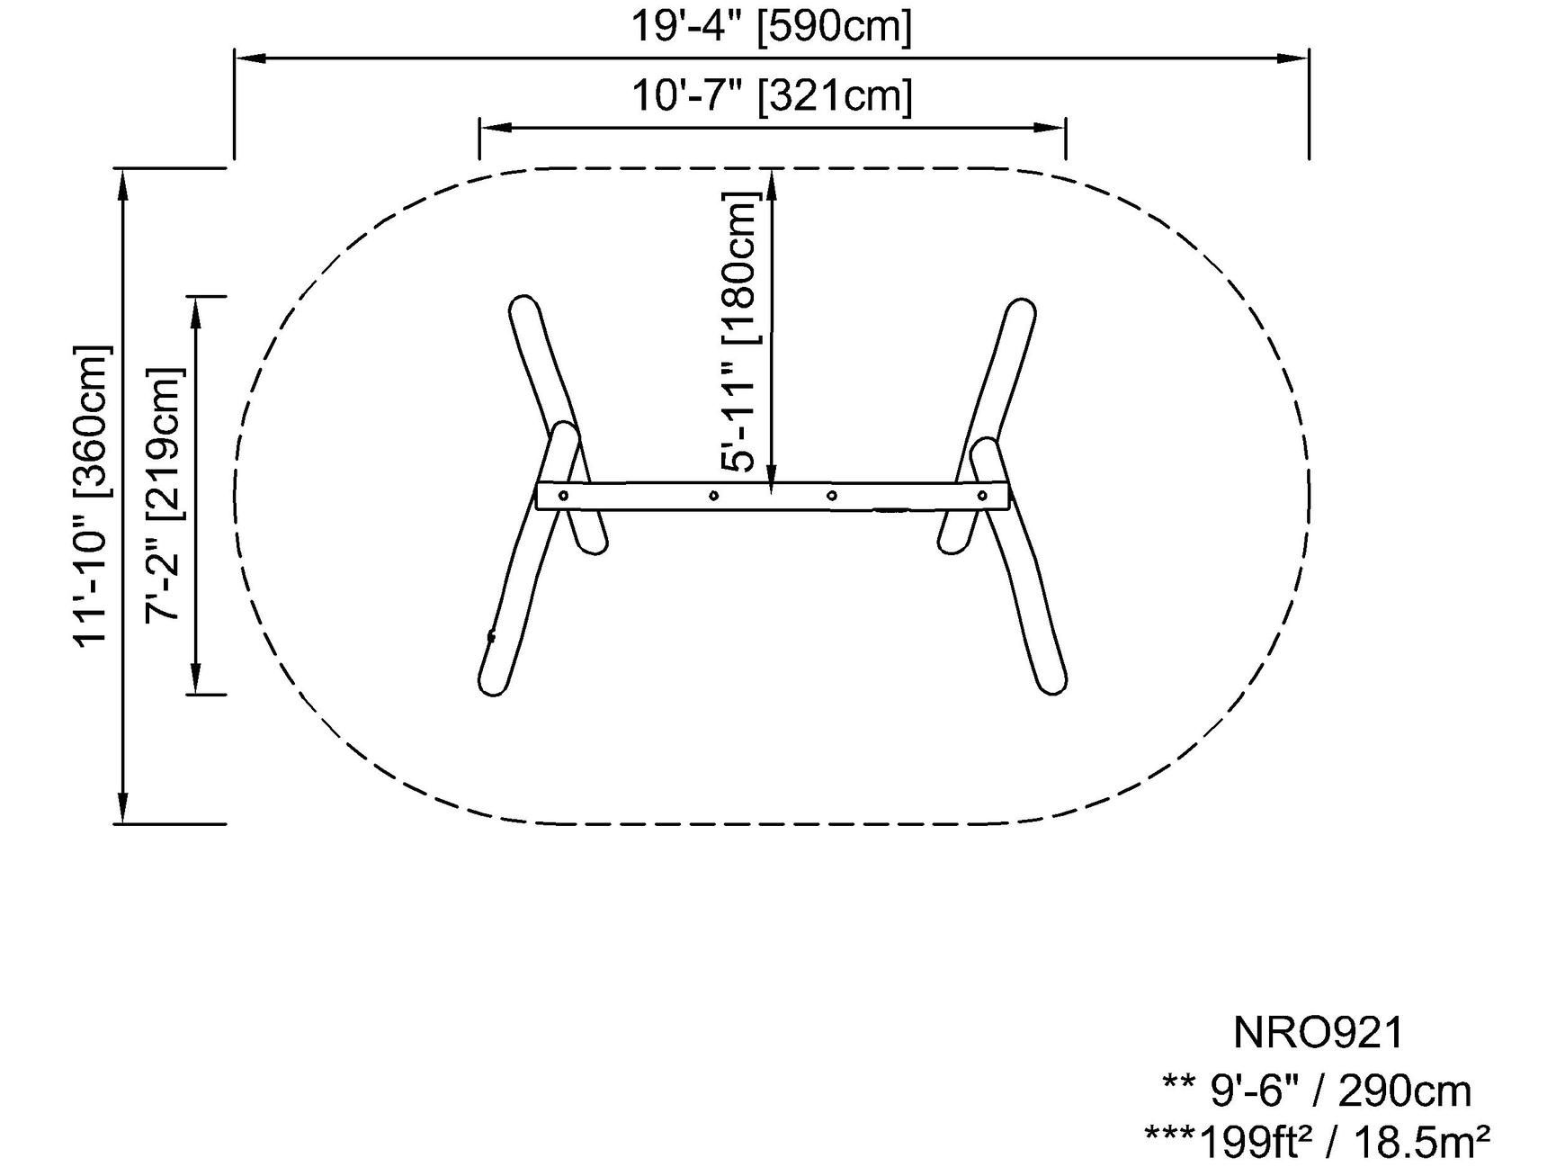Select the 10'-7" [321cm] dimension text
point(772,95)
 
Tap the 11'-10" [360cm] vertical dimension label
point(93,495)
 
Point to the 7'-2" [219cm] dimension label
point(164,495)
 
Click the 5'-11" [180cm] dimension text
point(741,332)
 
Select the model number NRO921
point(1318,1033)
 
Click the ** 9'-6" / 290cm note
point(1318,1091)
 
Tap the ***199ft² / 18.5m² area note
point(1318,1143)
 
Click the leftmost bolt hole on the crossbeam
point(563,495)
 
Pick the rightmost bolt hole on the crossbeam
point(982,495)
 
